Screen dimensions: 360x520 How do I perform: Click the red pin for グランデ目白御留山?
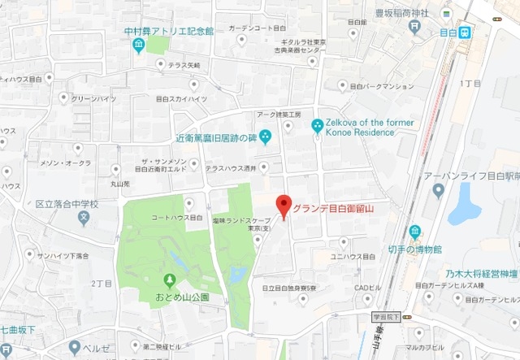[x=283, y=206]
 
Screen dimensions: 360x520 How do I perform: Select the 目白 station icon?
[x=465, y=33]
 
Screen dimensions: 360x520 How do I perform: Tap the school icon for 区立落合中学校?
[x=83, y=217]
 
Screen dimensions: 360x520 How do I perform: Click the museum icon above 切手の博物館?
[x=414, y=232]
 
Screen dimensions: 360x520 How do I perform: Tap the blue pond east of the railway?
[x=465, y=203]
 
